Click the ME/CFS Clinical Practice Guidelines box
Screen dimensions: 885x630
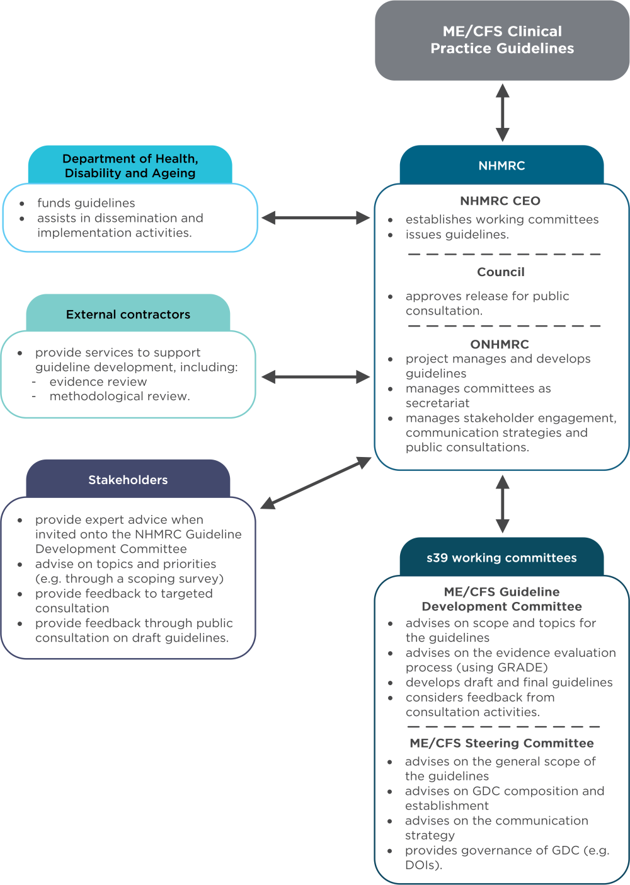point(502,40)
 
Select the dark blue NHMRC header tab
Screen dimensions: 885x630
point(501,166)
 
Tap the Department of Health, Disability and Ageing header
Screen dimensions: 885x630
point(130,166)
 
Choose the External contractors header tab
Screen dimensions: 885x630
point(128,315)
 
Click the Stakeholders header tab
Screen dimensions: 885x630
point(128,480)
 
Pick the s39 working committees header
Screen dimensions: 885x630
point(501,558)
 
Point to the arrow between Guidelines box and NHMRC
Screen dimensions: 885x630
point(502,113)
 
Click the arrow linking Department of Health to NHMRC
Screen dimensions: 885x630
point(316,218)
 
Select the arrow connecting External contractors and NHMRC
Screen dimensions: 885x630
point(316,377)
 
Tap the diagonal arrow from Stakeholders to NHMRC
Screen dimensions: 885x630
point(316,483)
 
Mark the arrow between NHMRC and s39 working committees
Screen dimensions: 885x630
point(502,504)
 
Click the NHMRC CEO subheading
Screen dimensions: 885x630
point(500,201)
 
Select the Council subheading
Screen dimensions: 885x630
point(501,272)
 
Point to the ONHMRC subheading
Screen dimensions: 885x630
point(500,344)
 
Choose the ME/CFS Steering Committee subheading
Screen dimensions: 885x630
point(501,743)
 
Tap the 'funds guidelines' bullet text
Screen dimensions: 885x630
point(86,203)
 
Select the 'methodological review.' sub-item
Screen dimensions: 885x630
point(120,396)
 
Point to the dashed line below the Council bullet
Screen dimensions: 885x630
point(504,326)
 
